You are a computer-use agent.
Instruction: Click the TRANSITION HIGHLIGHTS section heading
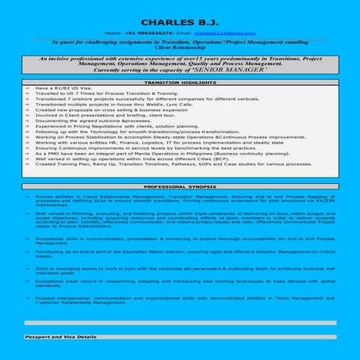coord(180,82)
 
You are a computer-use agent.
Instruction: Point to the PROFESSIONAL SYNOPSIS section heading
coord(180,186)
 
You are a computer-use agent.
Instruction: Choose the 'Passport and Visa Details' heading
coord(60,337)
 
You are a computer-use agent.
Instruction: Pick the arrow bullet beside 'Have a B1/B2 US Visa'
coord(27,87)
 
